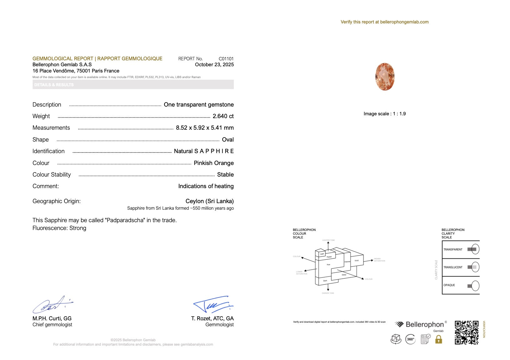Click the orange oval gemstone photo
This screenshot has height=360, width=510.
pyautogui.click(x=385, y=77)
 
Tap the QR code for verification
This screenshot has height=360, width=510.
pyautogui.click(x=467, y=332)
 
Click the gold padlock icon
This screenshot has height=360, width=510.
pyautogui.click(x=439, y=339)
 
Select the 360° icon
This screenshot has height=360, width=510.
pyautogui.click(x=411, y=339)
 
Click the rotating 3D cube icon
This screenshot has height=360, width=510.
pyautogui.click(x=396, y=339)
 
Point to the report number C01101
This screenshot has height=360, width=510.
pyautogui.click(x=226, y=59)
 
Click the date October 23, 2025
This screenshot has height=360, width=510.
pyautogui.click(x=214, y=65)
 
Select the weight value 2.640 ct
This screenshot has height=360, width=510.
pyautogui.click(x=223, y=116)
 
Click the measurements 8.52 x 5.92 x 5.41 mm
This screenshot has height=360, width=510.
pyautogui.click(x=205, y=128)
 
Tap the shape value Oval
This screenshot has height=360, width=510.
pyautogui.click(x=228, y=140)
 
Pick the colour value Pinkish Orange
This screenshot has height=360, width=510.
pyautogui.click(x=214, y=163)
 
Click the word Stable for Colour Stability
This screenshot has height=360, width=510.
pyautogui.click(x=225, y=175)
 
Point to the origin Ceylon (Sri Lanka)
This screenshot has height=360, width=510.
pyautogui.click(x=210, y=201)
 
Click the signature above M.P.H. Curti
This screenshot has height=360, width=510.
pyautogui.click(x=52, y=305)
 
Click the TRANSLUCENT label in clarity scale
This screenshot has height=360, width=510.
pyautogui.click(x=453, y=267)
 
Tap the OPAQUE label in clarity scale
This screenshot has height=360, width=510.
pyautogui.click(x=449, y=285)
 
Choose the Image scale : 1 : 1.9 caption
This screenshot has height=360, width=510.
pyautogui.click(x=385, y=114)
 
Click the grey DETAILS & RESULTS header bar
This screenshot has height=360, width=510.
pyautogui.click(x=133, y=85)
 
